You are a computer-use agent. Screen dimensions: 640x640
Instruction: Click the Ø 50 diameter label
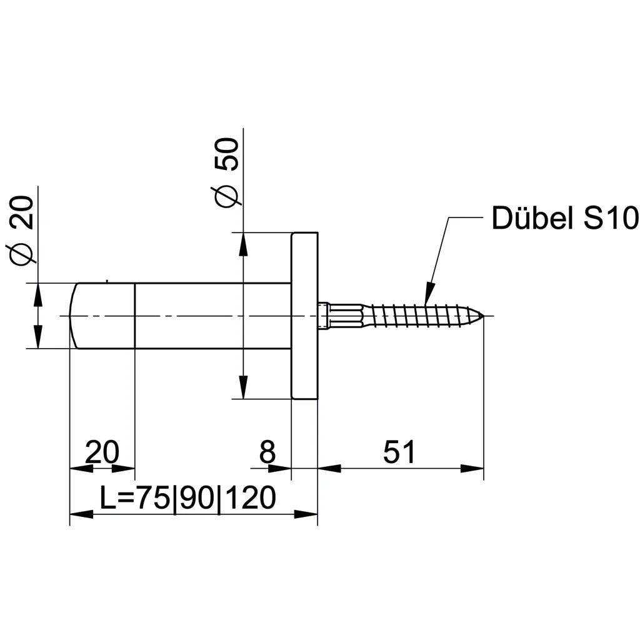(224, 172)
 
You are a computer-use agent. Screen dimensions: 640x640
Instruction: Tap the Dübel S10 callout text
(565, 218)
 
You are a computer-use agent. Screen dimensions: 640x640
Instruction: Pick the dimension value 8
(267, 452)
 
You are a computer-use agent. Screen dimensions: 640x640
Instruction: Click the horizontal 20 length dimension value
(102, 452)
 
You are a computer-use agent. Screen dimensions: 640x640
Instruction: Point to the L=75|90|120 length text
(187, 498)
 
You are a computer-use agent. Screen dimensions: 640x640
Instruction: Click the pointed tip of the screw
(484, 316)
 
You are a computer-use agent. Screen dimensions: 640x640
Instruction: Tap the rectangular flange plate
(304, 316)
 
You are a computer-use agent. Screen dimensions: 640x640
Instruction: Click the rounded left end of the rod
(72, 316)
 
